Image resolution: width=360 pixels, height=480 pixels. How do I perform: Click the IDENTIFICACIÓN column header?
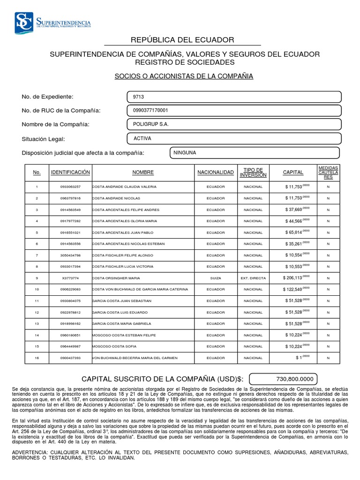(70, 172)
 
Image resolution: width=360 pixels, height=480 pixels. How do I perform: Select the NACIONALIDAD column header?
(216, 172)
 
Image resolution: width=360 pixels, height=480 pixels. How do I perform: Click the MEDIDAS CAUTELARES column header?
(328, 172)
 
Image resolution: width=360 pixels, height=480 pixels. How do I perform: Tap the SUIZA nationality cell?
(216, 278)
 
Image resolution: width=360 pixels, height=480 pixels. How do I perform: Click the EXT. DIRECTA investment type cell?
(253, 278)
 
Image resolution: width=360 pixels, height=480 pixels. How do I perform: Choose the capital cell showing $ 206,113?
(297, 277)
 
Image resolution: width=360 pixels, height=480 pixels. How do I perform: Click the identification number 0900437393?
(71, 358)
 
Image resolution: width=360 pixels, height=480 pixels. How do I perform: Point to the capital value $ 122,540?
(296, 289)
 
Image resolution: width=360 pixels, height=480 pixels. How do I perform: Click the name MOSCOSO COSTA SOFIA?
(112, 346)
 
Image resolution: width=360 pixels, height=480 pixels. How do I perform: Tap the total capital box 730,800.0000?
(283, 379)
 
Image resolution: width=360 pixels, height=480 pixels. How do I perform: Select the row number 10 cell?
(37, 289)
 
